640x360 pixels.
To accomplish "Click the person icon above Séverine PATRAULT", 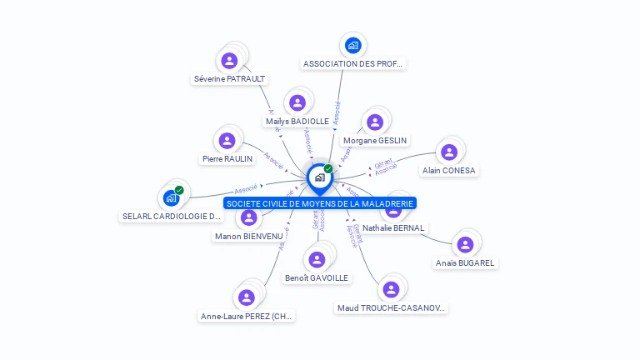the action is [229, 61].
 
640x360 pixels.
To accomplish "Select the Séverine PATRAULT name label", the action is [229, 79].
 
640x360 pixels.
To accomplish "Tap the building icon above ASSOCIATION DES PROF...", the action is [352, 46].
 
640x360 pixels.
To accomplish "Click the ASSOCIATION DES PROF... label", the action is [352, 63].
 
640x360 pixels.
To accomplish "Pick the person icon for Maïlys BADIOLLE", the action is [296, 103].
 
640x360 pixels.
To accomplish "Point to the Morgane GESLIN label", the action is [375, 141].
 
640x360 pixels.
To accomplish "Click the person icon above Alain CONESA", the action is [449, 152].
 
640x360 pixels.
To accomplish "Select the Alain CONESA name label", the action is [449, 171].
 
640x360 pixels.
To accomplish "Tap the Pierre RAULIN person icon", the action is [227, 141].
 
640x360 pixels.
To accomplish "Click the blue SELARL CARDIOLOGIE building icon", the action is [170, 198].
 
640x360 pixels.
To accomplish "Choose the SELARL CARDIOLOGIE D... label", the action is [172, 216].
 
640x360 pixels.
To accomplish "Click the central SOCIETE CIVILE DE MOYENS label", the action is [320, 203].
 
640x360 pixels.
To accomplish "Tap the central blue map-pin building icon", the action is [319, 177].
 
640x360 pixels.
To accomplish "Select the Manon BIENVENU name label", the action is [248, 236].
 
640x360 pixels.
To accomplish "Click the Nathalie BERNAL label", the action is [393, 227].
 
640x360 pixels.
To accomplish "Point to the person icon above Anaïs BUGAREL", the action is [465, 244].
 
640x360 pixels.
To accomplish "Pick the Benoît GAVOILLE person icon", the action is [317, 260].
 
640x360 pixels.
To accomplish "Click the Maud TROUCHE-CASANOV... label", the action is [392, 308].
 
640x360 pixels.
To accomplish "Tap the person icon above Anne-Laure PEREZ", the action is [247, 297].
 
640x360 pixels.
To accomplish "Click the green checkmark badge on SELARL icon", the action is [179, 190].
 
